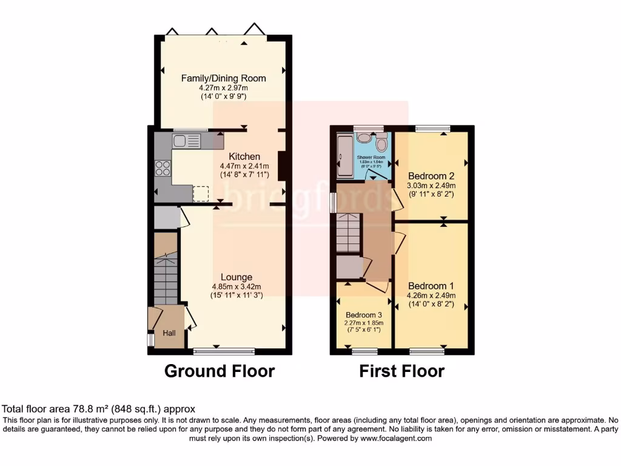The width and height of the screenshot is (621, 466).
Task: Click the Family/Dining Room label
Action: point(224,78)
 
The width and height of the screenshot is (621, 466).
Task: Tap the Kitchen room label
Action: point(240,157)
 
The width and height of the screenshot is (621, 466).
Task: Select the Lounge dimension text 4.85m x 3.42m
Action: point(236,287)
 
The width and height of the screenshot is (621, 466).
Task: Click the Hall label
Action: point(169,333)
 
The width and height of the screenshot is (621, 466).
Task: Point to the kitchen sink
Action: point(186,141)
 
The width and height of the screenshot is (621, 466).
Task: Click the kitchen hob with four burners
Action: point(163,167)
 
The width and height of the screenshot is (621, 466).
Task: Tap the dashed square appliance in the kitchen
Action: point(201,194)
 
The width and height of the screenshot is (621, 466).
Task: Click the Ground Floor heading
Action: point(220,371)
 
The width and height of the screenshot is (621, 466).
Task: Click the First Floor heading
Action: point(401,371)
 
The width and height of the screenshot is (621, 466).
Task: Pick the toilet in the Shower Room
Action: point(381,143)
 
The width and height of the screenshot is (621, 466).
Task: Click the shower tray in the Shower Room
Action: point(344,157)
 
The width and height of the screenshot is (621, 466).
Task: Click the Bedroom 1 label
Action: point(431,286)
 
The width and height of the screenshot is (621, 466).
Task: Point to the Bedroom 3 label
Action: point(364,315)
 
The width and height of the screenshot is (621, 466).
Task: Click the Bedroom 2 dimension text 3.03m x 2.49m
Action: point(431,186)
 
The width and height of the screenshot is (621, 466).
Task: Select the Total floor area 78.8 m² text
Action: point(99,410)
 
